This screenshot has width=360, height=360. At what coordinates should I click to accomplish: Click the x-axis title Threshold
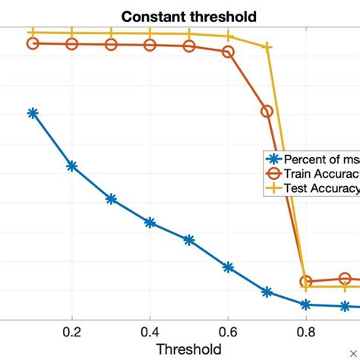(x=188, y=349)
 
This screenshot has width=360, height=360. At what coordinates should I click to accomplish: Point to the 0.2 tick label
(x=72, y=331)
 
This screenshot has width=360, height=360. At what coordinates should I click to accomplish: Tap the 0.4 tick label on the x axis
(x=150, y=331)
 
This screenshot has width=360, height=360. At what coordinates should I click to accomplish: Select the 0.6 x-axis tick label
(x=228, y=331)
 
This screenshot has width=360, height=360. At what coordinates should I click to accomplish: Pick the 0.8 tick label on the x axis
(x=306, y=331)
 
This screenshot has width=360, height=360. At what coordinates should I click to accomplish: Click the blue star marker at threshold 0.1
(x=33, y=113)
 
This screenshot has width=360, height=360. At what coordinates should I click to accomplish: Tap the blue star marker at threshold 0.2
(x=72, y=166)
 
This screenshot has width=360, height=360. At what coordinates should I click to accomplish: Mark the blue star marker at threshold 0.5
(x=189, y=240)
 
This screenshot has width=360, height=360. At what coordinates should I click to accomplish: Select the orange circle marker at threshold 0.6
(x=228, y=52)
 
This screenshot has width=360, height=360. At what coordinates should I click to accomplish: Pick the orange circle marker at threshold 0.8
(x=306, y=282)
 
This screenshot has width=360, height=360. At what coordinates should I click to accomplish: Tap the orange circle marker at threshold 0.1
(x=33, y=43)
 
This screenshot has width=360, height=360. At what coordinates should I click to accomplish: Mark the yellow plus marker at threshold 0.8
(x=306, y=286)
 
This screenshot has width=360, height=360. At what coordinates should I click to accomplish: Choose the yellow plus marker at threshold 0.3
(x=111, y=33)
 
